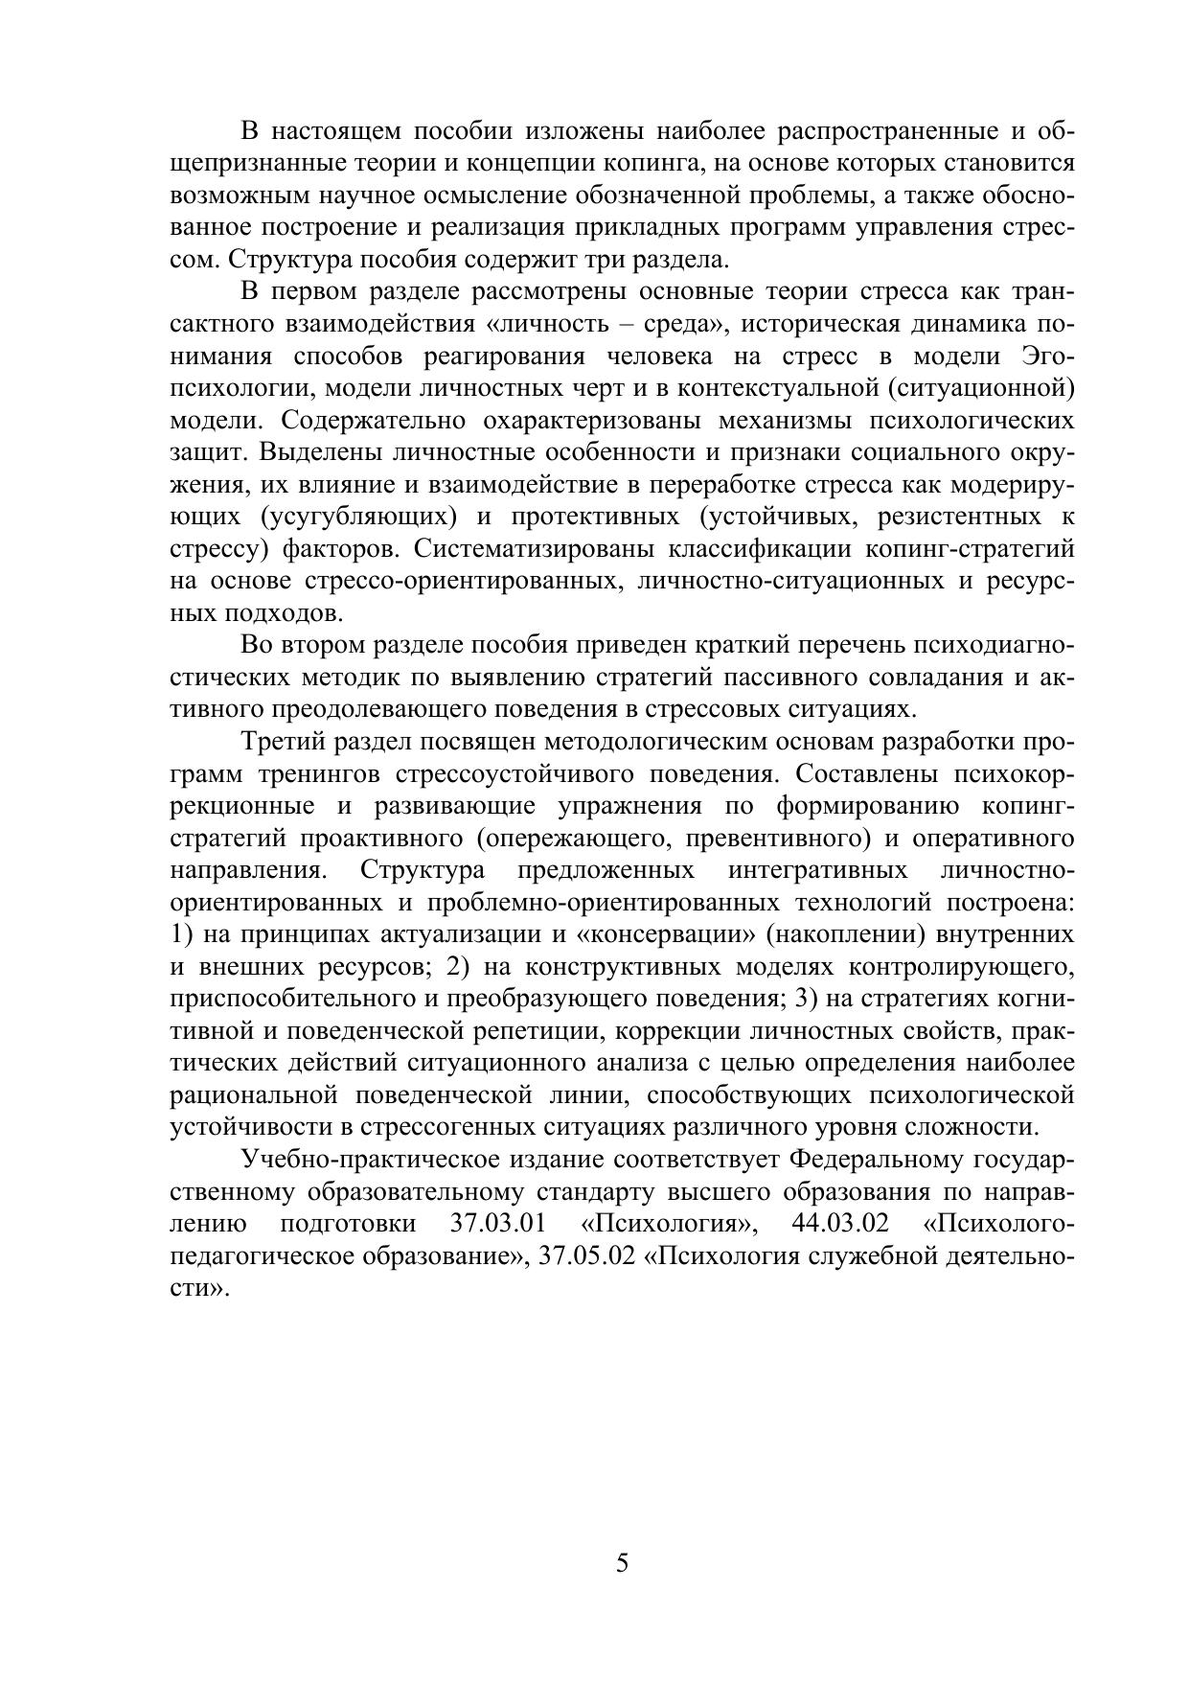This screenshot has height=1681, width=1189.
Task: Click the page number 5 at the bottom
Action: [622, 1563]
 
